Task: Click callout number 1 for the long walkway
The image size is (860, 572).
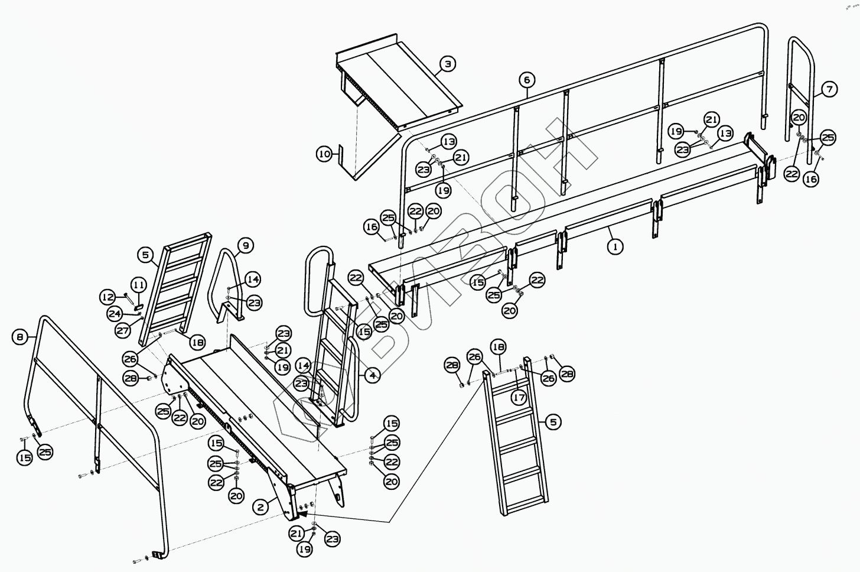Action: point(615,246)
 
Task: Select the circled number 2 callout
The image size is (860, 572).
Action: point(261,506)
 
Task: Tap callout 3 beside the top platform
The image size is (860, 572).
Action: point(448,64)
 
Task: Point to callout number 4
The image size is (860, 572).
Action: point(372,375)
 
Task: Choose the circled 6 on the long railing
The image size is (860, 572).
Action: point(527,79)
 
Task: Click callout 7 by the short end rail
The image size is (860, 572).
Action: point(829,89)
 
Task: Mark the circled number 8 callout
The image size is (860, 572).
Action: point(20,337)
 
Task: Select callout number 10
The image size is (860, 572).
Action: point(324,155)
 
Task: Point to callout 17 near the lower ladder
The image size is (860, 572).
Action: point(519,398)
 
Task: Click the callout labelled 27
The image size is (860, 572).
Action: point(122,330)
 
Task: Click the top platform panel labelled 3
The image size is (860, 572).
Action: point(396,83)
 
